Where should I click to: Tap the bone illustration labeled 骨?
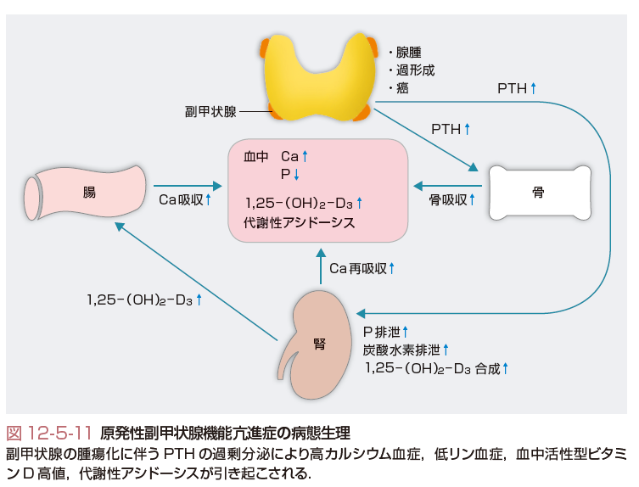(x=536, y=193)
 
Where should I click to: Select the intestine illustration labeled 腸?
(x=88, y=190)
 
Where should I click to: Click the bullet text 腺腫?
(x=404, y=52)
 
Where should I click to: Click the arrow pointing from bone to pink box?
(x=446, y=185)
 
